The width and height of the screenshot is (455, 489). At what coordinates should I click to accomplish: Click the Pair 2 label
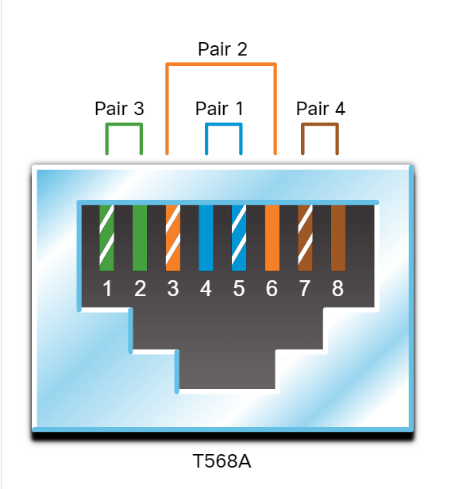click(222, 49)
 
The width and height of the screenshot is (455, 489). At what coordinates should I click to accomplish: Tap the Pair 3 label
click(119, 109)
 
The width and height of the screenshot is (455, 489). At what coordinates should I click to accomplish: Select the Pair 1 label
click(219, 109)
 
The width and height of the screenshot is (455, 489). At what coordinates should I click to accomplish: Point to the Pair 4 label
click(321, 109)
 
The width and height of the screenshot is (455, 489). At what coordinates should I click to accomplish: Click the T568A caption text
click(222, 461)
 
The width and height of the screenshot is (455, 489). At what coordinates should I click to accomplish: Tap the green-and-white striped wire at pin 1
click(106, 237)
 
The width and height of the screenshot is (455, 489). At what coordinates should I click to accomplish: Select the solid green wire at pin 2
click(140, 237)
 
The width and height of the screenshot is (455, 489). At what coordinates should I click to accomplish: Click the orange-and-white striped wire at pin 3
click(173, 237)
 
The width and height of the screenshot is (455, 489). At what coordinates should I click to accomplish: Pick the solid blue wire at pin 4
click(206, 237)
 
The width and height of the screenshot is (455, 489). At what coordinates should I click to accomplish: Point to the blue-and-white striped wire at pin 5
click(239, 237)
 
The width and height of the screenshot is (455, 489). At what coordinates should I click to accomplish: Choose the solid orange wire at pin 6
click(272, 237)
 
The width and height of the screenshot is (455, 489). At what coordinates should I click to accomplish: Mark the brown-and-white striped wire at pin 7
click(305, 237)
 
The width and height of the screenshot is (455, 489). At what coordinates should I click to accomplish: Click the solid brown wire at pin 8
click(338, 237)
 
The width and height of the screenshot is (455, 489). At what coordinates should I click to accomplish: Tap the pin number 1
click(107, 288)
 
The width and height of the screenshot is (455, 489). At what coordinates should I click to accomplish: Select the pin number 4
click(206, 288)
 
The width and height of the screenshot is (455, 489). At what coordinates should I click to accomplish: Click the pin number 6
click(272, 288)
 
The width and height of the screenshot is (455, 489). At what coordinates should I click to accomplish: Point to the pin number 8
click(337, 288)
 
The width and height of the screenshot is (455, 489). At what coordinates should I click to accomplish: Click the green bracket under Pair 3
click(124, 125)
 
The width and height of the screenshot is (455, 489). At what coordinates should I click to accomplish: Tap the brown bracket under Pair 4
click(320, 125)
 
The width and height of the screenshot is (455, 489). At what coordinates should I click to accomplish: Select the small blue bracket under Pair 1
click(224, 125)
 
